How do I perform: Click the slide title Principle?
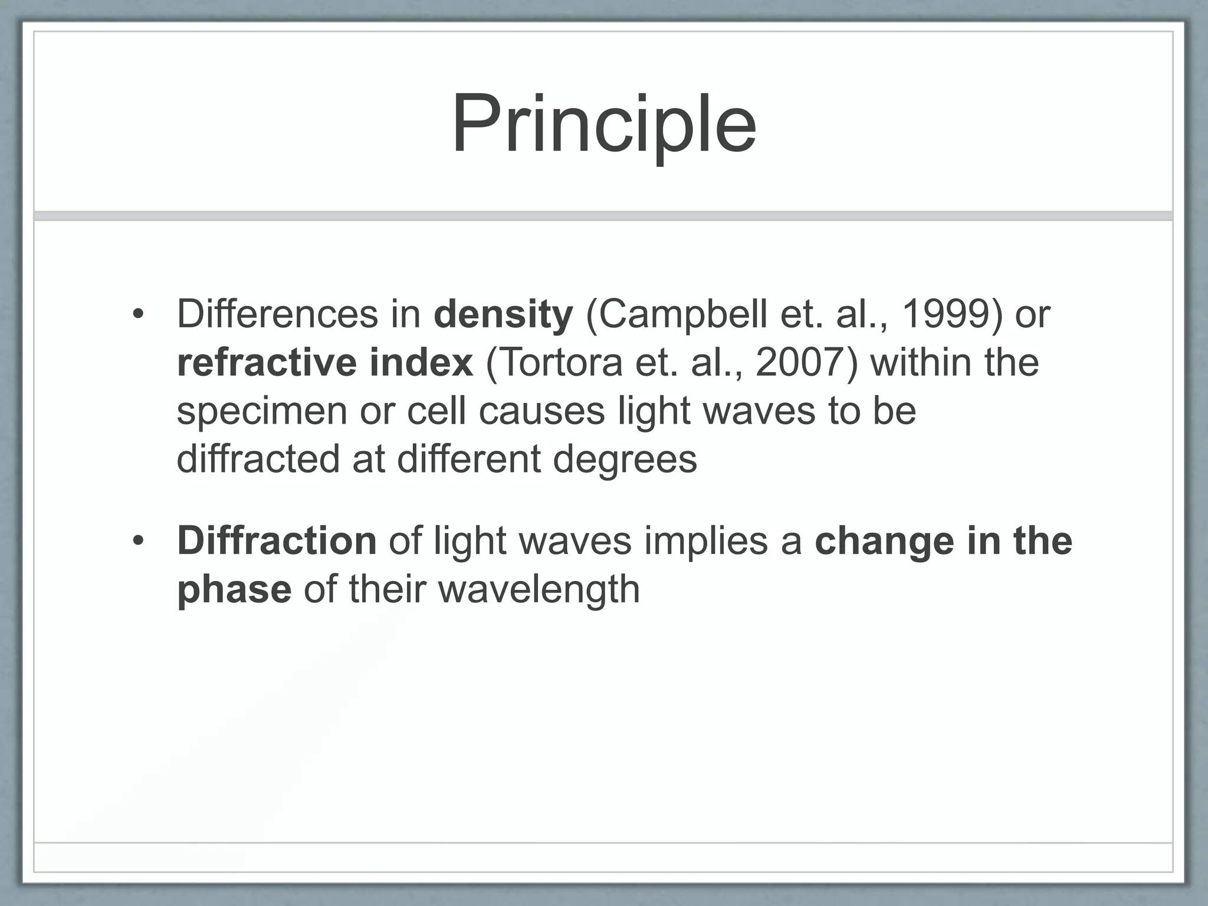[x=603, y=125]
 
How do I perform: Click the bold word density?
[x=503, y=314]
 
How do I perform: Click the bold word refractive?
[x=266, y=363]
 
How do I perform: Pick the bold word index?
[x=421, y=363]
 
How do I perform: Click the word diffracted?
[x=258, y=459]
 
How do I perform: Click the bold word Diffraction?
[x=276, y=541]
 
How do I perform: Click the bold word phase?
[x=234, y=590]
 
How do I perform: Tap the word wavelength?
[x=539, y=590]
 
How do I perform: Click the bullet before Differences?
[x=138, y=315]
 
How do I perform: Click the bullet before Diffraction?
[x=138, y=541]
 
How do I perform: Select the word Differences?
[x=277, y=314]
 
